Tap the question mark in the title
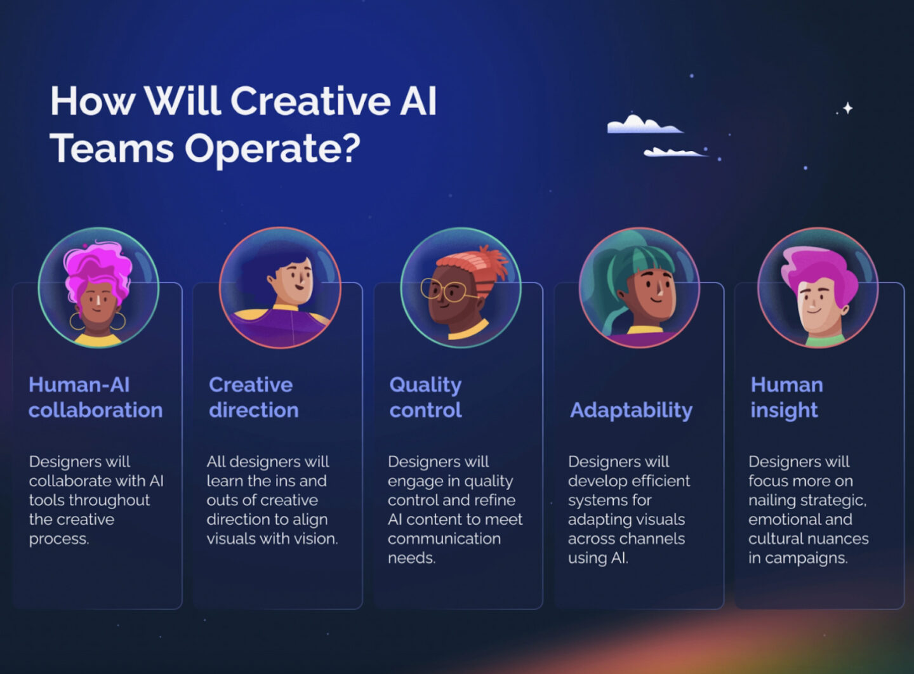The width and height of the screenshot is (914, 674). click(x=352, y=147)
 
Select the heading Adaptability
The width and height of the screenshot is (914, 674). click(x=631, y=411)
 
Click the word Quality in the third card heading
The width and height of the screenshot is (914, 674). click(x=425, y=385)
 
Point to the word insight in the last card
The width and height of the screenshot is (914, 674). click(x=785, y=411)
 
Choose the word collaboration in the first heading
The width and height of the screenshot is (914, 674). click(x=95, y=410)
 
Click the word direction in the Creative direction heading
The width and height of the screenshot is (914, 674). click(x=254, y=410)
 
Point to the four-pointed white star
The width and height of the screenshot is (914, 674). click(x=848, y=108)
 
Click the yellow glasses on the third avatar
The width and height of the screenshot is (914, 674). click(x=445, y=291)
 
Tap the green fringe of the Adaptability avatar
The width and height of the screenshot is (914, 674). click(x=649, y=261)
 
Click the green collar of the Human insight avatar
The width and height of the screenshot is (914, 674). click(x=825, y=340)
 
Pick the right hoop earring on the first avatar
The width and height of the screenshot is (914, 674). click(x=118, y=321)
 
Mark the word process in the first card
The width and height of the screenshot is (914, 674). click(x=59, y=539)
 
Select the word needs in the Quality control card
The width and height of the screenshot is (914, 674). click(x=412, y=558)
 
